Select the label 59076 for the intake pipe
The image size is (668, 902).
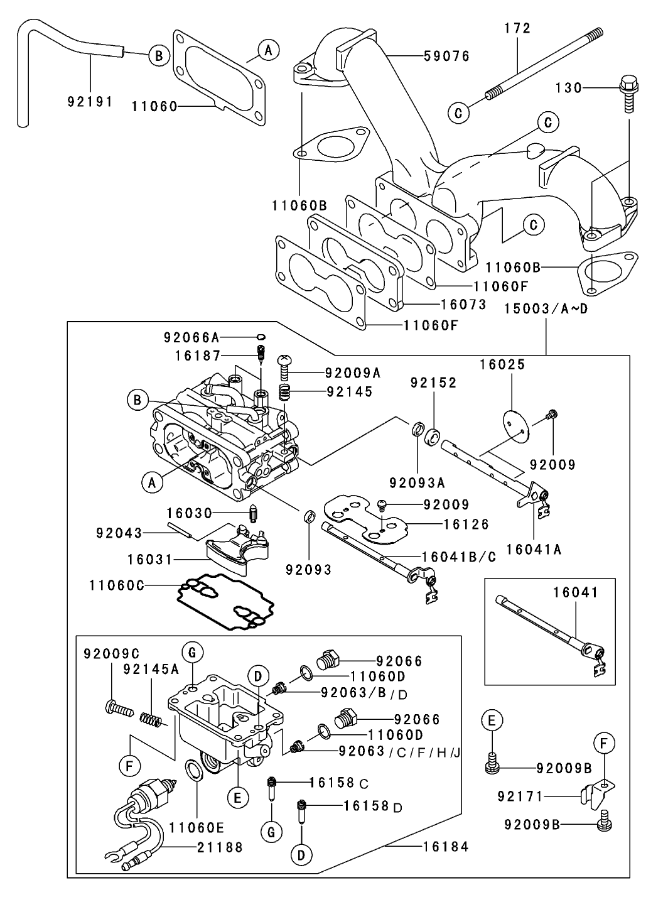pyautogui.click(x=446, y=57)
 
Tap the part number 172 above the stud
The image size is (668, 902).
pyautogui.click(x=517, y=28)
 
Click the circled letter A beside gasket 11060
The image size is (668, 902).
pyautogui.click(x=268, y=50)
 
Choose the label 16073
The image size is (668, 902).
pyautogui.click(x=464, y=305)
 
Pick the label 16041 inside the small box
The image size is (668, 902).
pyautogui.click(x=576, y=592)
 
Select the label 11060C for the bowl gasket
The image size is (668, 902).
pyautogui.click(x=117, y=585)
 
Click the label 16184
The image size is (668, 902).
pyautogui.click(x=446, y=847)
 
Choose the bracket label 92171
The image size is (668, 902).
pyautogui.click(x=520, y=796)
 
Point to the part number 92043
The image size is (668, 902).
pyautogui.click(x=119, y=533)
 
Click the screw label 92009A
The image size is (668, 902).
pyautogui.click(x=353, y=372)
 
